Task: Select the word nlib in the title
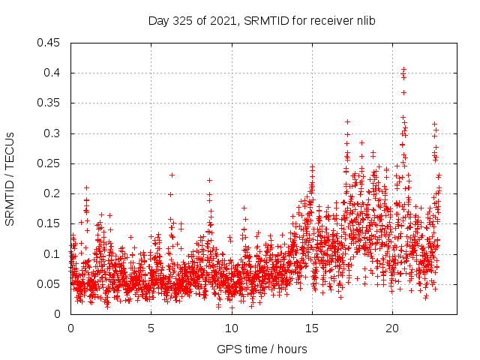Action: [364, 21]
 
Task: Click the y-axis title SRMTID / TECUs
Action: [10, 178]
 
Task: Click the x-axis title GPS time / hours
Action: [262, 349]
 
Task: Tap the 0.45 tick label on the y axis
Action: [50, 43]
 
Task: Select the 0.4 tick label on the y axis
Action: [53, 73]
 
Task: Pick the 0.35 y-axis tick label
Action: [50, 103]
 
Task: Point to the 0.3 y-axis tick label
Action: [53, 133]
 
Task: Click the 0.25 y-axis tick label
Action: [50, 163]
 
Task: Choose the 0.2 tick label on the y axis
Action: [53, 193]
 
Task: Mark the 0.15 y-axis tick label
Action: [50, 223]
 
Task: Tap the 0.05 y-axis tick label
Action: [50, 284]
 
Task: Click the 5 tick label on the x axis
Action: [151, 328]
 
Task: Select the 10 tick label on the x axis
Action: [231, 328]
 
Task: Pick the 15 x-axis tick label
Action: [311, 328]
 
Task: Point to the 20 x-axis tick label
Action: [391, 328]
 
